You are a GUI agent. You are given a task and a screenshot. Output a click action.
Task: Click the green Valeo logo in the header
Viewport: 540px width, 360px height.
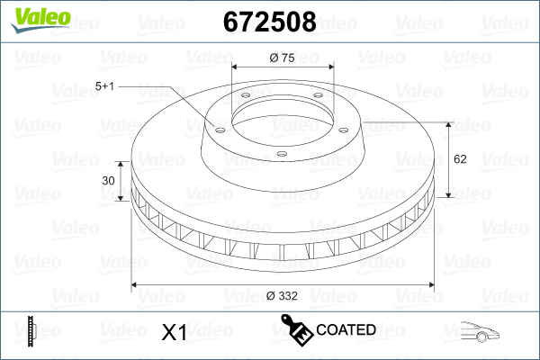[40, 20]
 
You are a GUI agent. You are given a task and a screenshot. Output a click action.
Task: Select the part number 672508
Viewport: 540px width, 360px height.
[270, 22]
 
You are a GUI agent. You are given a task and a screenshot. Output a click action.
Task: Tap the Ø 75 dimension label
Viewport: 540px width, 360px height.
[283, 58]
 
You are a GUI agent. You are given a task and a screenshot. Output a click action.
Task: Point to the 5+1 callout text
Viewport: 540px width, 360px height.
[104, 86]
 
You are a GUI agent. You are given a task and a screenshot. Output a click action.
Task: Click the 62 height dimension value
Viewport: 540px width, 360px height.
[460, 159]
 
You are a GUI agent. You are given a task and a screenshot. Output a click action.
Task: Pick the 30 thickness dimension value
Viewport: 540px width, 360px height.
[108, 181]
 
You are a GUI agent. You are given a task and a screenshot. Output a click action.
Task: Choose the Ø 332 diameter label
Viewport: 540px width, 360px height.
[282, 296]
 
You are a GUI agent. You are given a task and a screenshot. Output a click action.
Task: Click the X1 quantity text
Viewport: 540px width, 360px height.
[175, 332]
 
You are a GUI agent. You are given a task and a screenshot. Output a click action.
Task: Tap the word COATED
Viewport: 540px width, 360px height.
[346, 330]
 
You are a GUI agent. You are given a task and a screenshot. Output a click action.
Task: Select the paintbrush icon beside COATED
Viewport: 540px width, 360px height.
[297, 329]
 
